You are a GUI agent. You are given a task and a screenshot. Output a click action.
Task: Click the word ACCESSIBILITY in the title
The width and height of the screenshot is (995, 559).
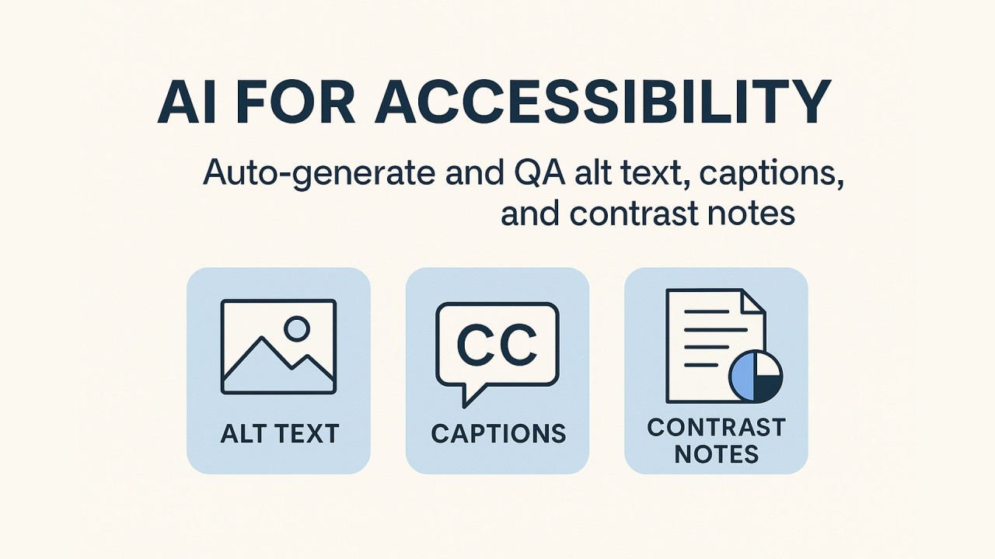pyautogui.click(x=602, y=101)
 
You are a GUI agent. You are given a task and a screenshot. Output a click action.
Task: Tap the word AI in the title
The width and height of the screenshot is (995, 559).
pyautogui.click(x=188, y=102)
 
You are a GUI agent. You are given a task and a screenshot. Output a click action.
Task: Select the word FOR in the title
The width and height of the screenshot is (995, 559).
pyautogui.click(x=295, y=102)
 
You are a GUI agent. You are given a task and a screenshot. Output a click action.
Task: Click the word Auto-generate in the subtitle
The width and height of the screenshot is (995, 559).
pyautogui.click(x=319, y=174)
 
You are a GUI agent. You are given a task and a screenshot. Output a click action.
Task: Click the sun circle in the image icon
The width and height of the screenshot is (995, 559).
pyautogui.click(x=297, y=328)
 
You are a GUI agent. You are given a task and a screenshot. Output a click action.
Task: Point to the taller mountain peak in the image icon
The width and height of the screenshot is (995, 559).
pyautogui.click(x=262, y=339)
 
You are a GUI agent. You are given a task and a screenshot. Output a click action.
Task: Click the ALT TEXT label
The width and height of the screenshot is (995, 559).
pyautogui.click(x=280, y=433)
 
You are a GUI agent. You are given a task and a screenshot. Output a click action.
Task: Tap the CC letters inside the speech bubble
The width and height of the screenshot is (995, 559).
pyautogui.click(x=497, y=344)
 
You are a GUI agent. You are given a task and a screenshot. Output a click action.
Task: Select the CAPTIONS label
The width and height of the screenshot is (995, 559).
pyautogui.click(x=498, y=433)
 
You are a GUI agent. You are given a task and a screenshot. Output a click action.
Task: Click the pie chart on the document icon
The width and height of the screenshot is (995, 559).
pyautogui.click(x=755, y=377)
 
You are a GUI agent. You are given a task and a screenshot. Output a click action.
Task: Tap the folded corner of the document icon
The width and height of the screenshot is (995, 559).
pyautogui.click(x=753, y=302)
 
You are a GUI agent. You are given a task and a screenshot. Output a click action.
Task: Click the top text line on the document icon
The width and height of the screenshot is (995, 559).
pyautogui.click(x=707, y=312)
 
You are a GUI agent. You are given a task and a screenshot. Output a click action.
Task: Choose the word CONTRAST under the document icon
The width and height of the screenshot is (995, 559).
pyautogui.click(x=717, y=428)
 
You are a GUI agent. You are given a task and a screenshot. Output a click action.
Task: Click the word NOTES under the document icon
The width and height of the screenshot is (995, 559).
pyautogui.click(x=716, y=454)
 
